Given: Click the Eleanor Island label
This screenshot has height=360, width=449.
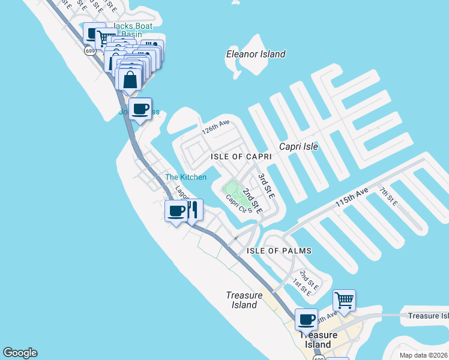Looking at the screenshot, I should tap(256, 55).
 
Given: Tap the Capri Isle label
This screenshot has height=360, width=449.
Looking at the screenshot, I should tap(298, 146).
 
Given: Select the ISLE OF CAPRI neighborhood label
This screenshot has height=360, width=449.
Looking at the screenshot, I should tap(241, 156).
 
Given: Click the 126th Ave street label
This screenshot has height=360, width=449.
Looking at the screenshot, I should tap(216, 127).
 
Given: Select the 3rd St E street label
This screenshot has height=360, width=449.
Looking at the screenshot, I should tap(266, 187).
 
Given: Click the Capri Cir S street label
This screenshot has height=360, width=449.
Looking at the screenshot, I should tap(236, 205).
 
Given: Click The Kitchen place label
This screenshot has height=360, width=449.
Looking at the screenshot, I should tap(186, 177).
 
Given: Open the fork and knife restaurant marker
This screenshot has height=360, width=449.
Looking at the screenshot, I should tap(192, 211).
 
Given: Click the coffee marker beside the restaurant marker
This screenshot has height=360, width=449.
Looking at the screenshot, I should tap(176, 211).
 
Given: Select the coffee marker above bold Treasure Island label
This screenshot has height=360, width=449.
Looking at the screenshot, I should tap(306, 320).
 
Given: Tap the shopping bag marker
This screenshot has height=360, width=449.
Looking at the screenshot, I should tap(130, 79).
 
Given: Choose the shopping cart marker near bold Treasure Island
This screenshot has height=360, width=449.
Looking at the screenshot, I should tap(344, 300).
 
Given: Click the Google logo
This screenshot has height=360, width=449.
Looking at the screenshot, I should tap(20, 353).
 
